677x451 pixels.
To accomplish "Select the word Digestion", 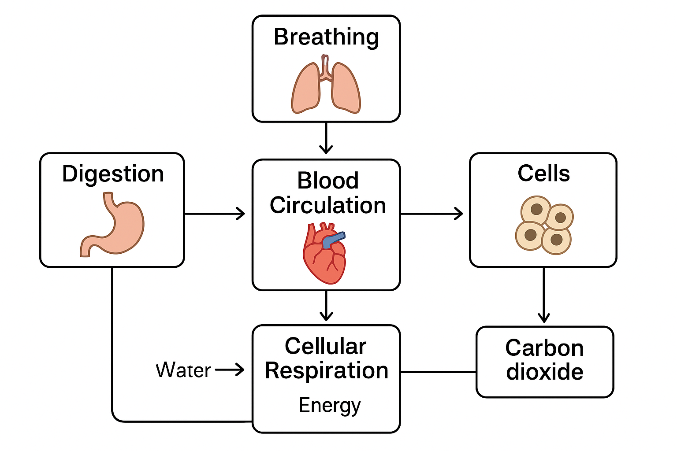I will point(113,174).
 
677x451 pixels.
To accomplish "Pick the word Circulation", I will point(328,206).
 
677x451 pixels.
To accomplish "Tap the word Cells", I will point(543,174).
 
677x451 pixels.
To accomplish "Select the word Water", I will point(183,370).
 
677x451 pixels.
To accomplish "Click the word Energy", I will point(329,406).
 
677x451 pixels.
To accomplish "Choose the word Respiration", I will point(327,370).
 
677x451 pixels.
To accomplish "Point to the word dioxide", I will point(545,372).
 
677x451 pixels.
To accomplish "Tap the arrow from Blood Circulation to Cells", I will point(432,214).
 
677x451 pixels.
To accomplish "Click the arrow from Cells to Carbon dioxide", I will point(544,295).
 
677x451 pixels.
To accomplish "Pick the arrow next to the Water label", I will point(230,370).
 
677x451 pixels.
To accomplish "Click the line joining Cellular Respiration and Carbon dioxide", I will point(438,372).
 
